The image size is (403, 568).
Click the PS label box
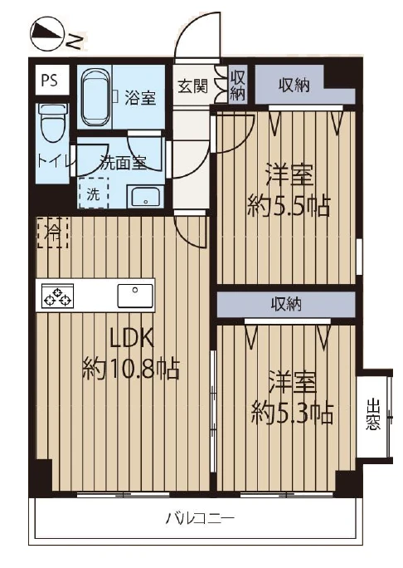tap(49, 81)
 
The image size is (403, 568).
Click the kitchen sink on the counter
tap(135, 295)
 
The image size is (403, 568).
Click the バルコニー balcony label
tap(198, 521)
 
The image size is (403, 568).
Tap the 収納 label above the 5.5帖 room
tap(295, 85)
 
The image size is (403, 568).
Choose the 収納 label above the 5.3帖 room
tap(287, 304)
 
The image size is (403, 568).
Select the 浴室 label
tap(140, 97)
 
